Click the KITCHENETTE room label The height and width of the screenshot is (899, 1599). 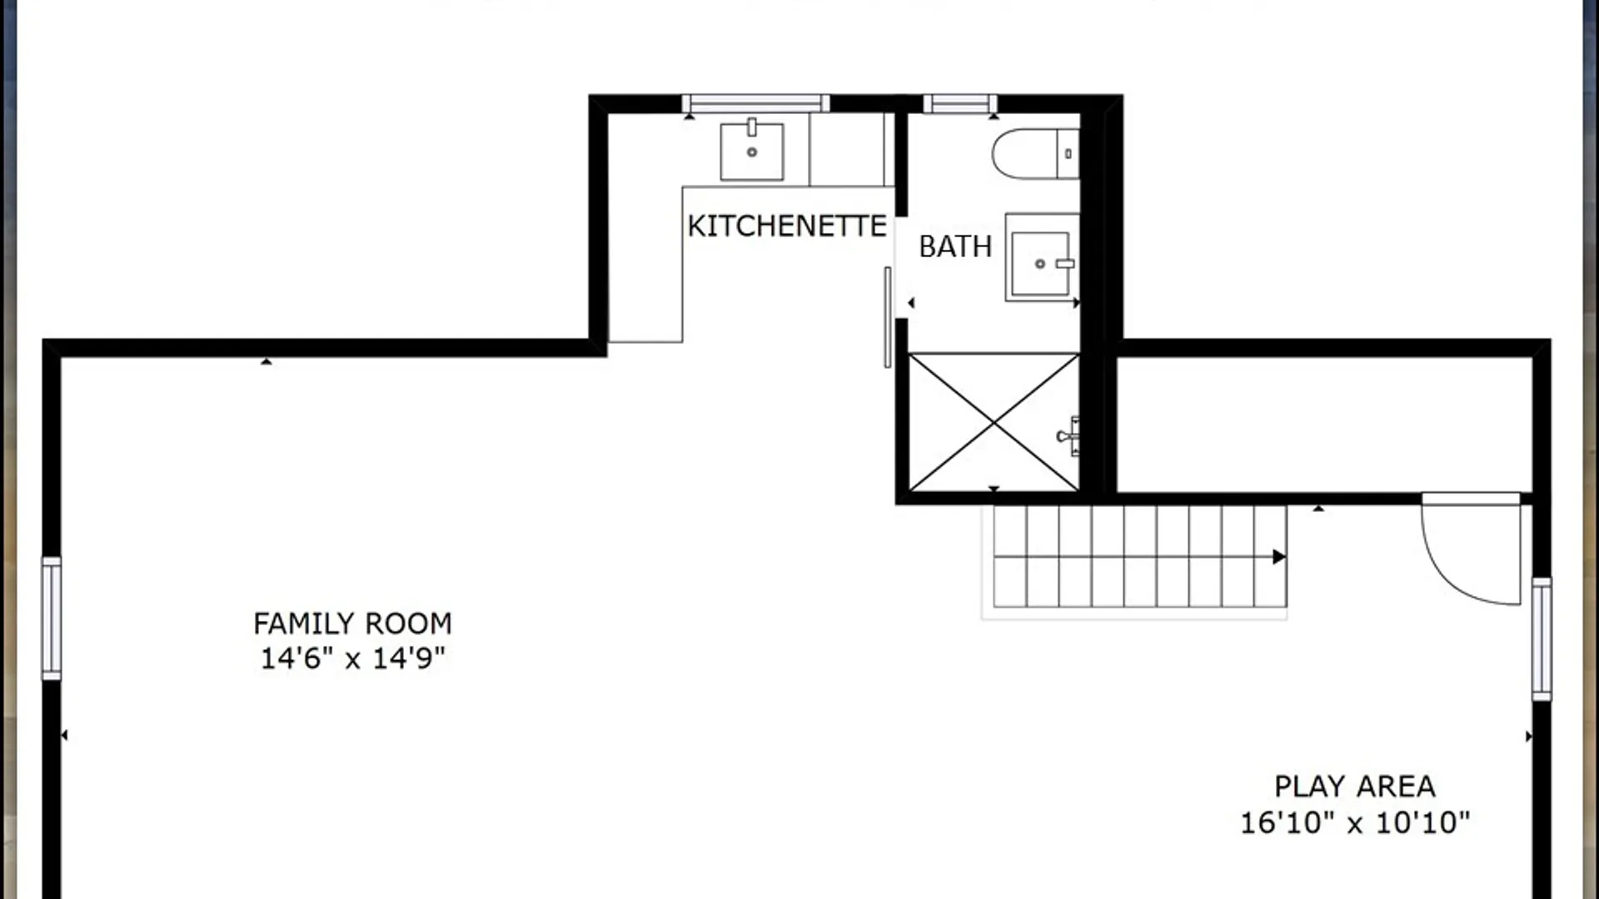(x=787, y=226)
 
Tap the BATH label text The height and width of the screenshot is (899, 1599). (x=955, y=246)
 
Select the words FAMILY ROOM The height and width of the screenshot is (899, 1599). (x=352, y=623)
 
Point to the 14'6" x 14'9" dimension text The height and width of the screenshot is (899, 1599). (x=353, y=658)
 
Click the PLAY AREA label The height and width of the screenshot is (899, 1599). (x=1355, y=787)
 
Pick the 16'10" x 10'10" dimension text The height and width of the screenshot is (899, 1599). (x=1355, y=822)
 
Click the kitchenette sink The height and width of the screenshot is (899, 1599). (x=752, y=151)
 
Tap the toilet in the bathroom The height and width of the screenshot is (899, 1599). (x=1036, y=153)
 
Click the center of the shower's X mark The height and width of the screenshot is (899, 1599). (x=994, y=423)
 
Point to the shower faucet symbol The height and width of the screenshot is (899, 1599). (x=1068, y=436)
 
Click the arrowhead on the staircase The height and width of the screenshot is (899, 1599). (x=1279, y=557)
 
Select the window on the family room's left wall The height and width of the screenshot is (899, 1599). (x=52, y=618)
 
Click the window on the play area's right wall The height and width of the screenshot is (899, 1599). (x=1542, y=638)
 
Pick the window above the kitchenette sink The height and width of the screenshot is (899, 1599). (x=755, y=103)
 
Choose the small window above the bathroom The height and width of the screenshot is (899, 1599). (x=959, y=103)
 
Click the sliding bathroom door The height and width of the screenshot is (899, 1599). (x=888, y=317)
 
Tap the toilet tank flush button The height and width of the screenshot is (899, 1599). (x=1068, y=154)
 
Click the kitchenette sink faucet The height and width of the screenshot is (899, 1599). (x=752, y=127)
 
